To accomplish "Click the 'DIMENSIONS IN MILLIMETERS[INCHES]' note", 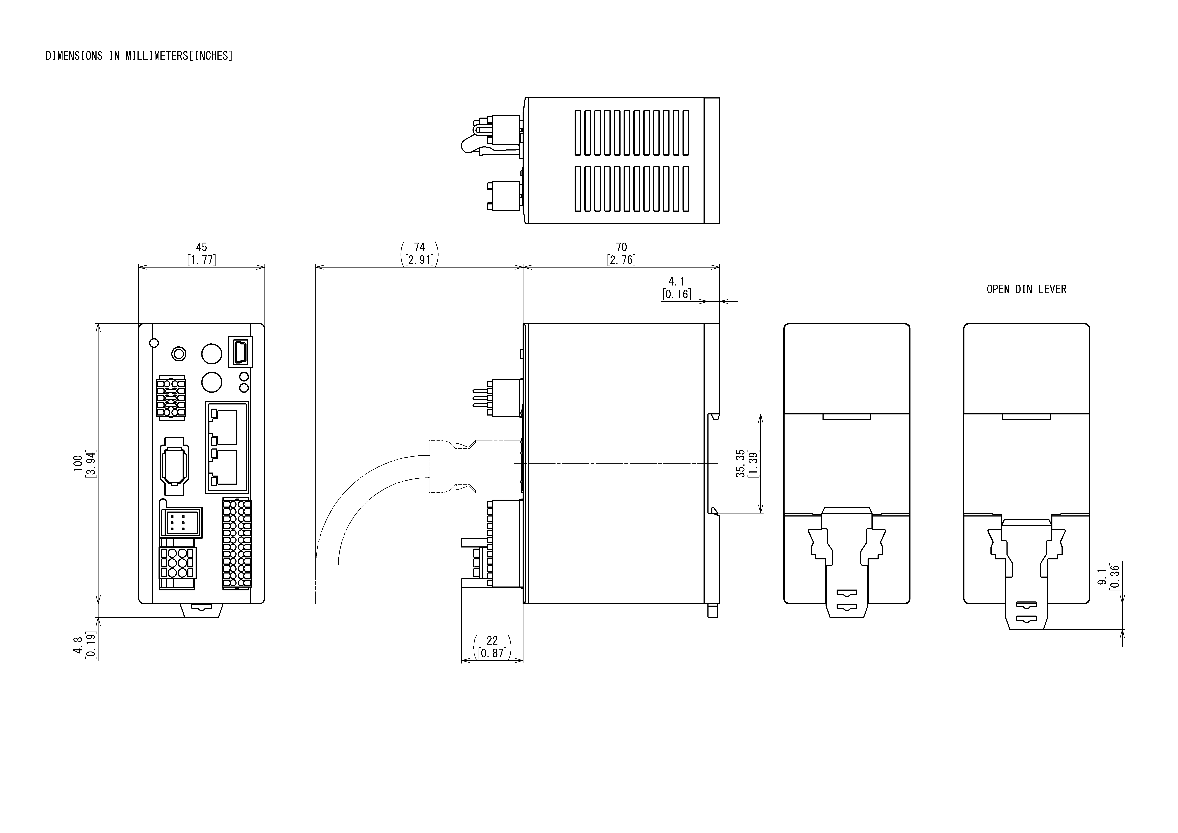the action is tap(139, 56).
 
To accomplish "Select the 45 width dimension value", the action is tap(202, 247).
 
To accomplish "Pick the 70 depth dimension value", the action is tap(621, 247).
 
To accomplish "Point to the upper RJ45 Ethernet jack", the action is tap(224, 427).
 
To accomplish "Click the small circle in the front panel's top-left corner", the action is tap(153, 343).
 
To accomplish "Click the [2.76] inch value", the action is tap(621, 260).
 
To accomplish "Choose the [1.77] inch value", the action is tap(202, 260).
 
